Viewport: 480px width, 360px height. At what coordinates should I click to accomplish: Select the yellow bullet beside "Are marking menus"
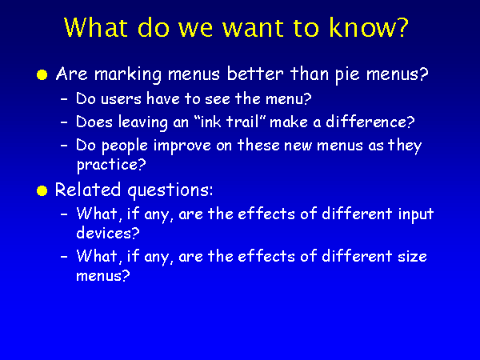[x=42, y=75]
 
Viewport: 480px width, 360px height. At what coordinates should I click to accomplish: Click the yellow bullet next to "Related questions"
[x=42, y=191]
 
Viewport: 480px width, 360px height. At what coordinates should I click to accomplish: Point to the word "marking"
[x=128, y=74]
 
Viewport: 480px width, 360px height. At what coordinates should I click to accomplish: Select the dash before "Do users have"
[x=64, y=99]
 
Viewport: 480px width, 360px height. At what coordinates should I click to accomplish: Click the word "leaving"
[x=143, y=122]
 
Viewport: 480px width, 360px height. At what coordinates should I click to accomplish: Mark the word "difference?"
[x=370, y=122]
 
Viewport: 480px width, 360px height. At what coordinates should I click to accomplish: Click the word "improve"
[x=182, y=146]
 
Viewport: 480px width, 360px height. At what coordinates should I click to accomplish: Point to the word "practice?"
[x=111, y=165]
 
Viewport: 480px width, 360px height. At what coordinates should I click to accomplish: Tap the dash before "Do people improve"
[x=64, y=146]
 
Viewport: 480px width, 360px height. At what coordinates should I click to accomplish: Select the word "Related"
[x=88, y=190]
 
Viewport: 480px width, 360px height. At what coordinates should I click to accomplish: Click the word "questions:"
[x=170, y=190]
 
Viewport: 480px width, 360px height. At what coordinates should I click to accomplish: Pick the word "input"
[x=415, y=214]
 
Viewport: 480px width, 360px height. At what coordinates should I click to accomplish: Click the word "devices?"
[x=108, y=233]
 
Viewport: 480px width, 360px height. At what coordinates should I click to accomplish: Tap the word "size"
[x=412, y=256]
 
